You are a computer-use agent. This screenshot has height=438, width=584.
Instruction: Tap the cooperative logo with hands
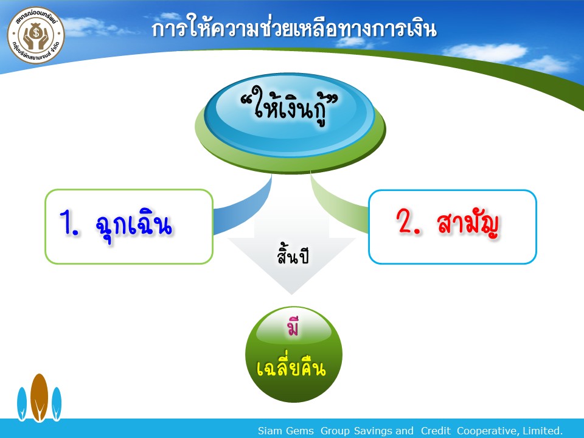pyautogui.click(x=36, y=35)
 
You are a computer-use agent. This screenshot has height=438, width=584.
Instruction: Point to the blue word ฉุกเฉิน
pyautogui.click(x=134, y=225)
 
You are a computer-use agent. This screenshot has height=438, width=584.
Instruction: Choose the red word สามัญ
pyautogui.click(x=468, y=223)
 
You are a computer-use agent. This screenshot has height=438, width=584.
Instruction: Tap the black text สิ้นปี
pyautogui.click(x=293, y=254)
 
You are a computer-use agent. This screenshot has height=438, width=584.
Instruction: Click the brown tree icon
pyautogui.click(x=39, y=397)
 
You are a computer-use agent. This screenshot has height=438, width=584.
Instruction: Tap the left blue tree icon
pyautogui.click(x=22, y=404)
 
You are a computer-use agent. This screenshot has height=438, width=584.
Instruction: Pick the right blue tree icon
pyautogui.click(x=56, y=404)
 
